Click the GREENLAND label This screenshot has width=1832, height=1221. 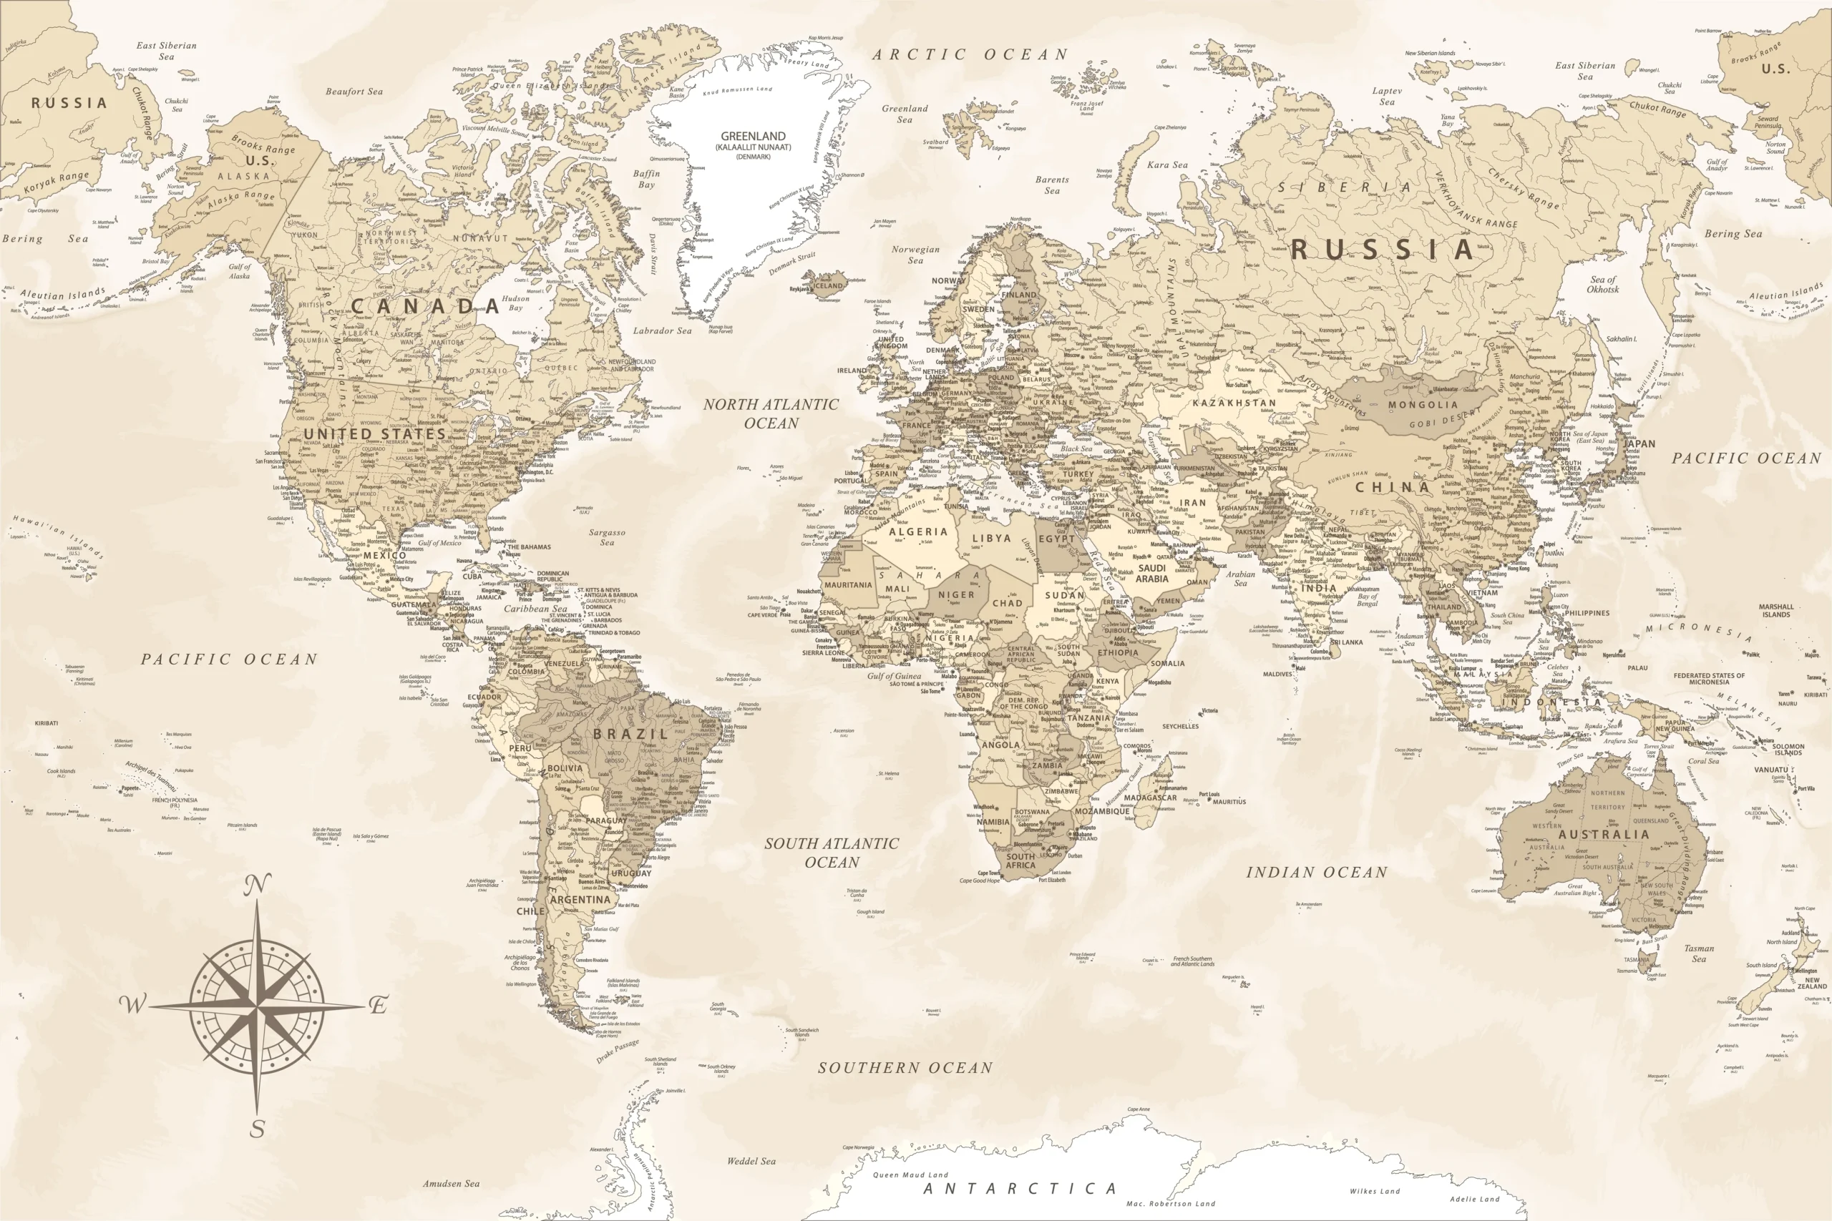coord(752,137)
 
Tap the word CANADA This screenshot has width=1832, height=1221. coord(424,306)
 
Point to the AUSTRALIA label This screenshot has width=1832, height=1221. coord(1604,834)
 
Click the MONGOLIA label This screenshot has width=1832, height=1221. coord(1422,405)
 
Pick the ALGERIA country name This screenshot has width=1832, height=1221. coord(918,532)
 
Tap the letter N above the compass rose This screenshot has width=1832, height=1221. coord(258,885)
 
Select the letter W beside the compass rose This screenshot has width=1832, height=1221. coord(132,1004)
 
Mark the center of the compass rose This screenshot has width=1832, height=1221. coord(257,1006)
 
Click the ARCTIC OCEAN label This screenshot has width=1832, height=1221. coord(970,54)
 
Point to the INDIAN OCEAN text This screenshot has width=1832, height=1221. coord(1316,873)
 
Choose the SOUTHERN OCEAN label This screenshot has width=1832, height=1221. coord(905,1069)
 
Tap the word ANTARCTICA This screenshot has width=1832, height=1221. coord(1020,1189)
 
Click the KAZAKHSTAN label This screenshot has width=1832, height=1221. coord(1234,403)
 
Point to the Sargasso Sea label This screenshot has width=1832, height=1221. coord(607,537)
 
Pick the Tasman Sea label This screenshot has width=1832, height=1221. coord(1699,953)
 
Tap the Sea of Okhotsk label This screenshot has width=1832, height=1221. coord(1603,284)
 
